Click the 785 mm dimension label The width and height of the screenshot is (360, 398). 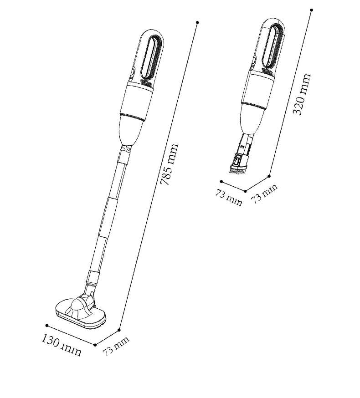click(170, 164)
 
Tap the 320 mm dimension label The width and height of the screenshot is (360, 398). click(302, 94)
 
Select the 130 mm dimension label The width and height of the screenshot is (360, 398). click(62, 346)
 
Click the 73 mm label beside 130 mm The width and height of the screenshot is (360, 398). click(116, 346)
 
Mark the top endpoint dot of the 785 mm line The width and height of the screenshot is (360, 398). click(197, 23)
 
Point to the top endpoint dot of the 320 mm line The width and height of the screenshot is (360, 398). click(312, 10)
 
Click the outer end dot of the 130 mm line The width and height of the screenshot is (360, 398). click(47, 326)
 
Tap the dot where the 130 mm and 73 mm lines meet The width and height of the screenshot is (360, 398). click(95, 345)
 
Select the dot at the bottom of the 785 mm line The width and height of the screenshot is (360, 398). click(119, 330)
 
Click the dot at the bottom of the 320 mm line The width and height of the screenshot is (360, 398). click(269, 176)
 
